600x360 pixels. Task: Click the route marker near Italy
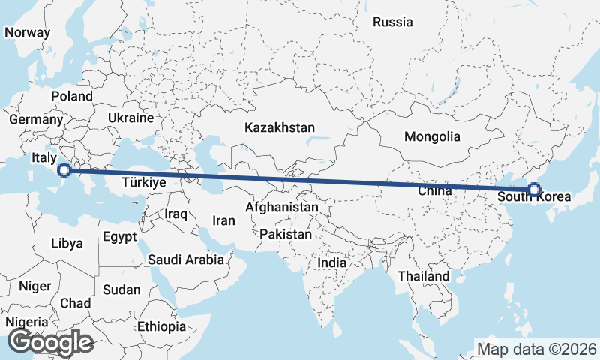click(x=65, y=170)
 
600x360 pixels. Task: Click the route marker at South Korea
click(x=533, y=190)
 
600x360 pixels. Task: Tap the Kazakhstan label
click(x=279, y=128)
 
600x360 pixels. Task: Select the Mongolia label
click(x=431, y=137)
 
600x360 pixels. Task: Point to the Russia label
click(x=393, y=22)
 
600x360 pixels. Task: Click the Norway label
click(x=27, y=33)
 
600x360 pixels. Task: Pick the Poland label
click(x=72, y=96)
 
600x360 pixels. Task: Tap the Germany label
click(x=36, y=119)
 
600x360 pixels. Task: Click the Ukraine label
click(x=130, y=118)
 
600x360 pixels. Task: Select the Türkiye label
click(x=143, y=181)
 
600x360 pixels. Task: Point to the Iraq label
click(x=175, y=214)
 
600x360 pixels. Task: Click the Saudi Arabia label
click(x=186, y=259)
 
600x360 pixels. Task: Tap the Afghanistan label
click(x=282, y=206)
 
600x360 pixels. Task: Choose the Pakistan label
click(x=285, y=234)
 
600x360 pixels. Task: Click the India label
click(x=331, y=263)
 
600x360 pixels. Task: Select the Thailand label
click(x=423, y=276)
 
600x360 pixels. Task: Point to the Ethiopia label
click(x=161, y=326)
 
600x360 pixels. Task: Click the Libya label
click(x=67, y=243)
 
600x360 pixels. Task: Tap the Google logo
click(x=50, y=343)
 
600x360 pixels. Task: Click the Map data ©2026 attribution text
click(x=536, y=349)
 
